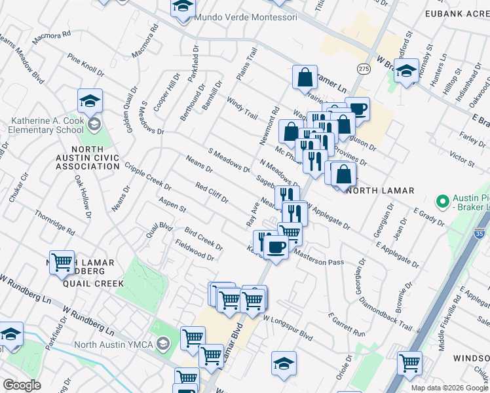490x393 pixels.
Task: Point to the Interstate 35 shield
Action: (480, 233)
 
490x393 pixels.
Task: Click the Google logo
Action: (22, 385)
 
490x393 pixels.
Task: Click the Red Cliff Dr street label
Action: (212, 193)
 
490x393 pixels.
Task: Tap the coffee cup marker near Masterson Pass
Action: (276, 247)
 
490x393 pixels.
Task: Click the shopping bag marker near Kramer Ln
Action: (305, 78)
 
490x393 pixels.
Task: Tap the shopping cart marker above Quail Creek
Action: (62, 263)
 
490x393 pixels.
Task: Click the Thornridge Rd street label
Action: (54, 223)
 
